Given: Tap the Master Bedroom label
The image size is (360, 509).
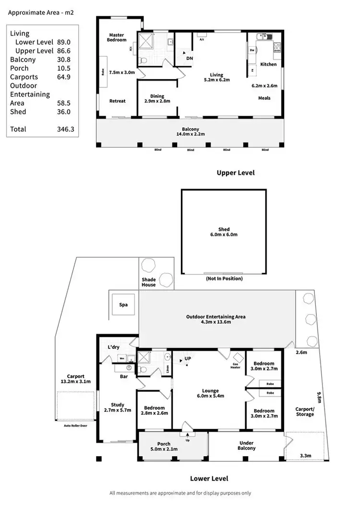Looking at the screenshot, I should [x=117, y=37].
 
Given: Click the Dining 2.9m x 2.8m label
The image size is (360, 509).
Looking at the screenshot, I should [x=157, y=99].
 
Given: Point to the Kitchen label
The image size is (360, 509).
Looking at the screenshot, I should [x=268, y=64].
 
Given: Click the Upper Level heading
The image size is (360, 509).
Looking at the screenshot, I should [x=236, y=173].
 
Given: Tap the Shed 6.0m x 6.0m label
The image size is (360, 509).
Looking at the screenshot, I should [x=224, y=232].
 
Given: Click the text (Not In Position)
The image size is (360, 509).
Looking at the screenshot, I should [x=224, y=279].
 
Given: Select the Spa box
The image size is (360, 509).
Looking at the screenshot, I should [x=124, y=304].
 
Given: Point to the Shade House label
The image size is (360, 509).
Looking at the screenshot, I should [x=148, y=282].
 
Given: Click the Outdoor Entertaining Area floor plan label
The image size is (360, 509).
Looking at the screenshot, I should [x=216, y=319].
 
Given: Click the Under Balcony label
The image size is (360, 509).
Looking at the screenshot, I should [x=247, y=446].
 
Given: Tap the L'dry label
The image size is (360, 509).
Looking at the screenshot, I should [x=113, y=347].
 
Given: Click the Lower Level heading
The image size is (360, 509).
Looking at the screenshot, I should [x=209, y=479].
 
